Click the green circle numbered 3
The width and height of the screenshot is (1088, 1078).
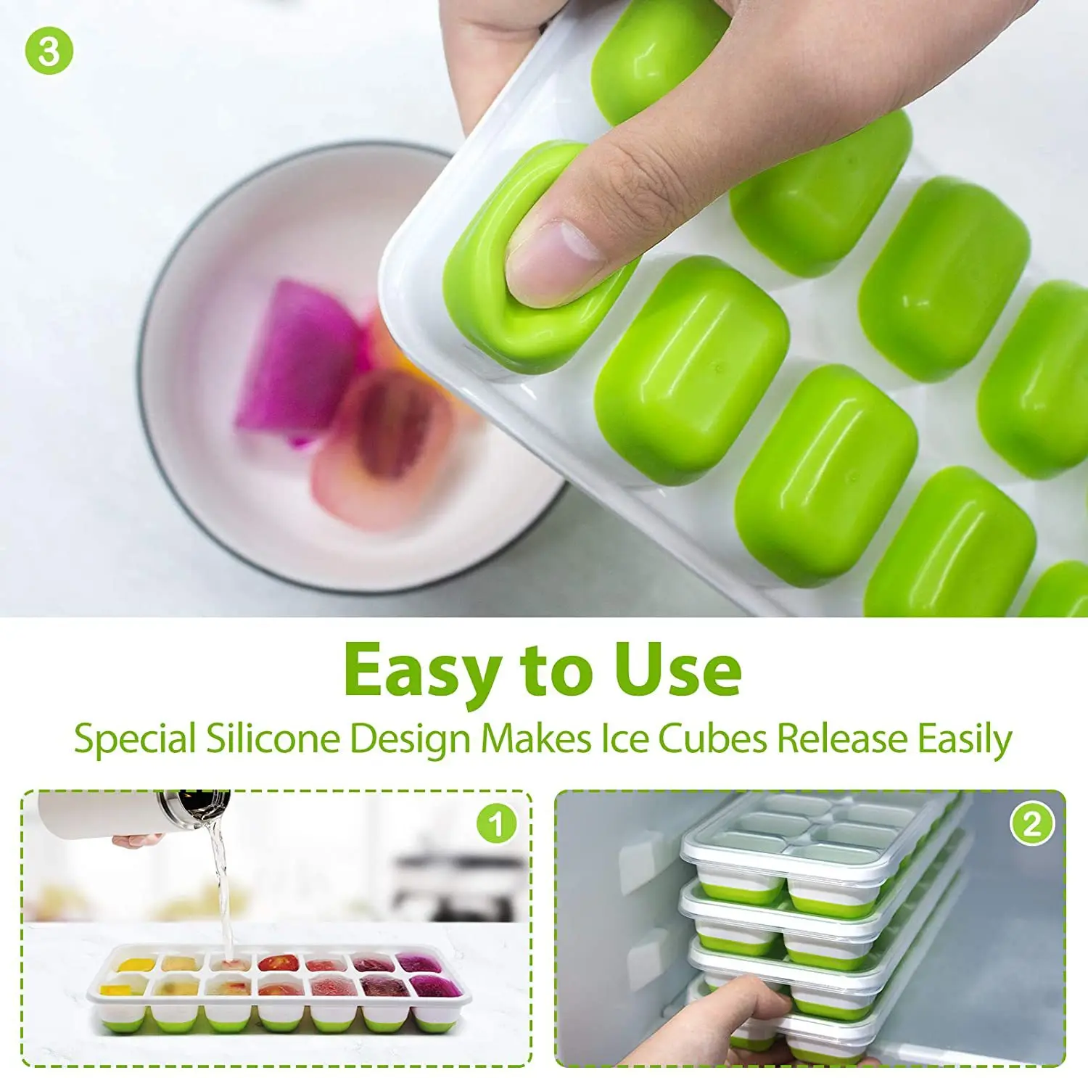49,51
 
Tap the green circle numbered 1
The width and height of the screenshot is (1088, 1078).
496,824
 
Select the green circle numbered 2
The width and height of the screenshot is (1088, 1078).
1031,824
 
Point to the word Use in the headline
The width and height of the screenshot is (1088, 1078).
677,669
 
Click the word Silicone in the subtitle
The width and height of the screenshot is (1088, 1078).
272,739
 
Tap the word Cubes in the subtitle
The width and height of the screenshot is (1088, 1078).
712,739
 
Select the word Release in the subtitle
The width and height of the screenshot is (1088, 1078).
841,739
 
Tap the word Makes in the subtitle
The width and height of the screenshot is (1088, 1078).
536,739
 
